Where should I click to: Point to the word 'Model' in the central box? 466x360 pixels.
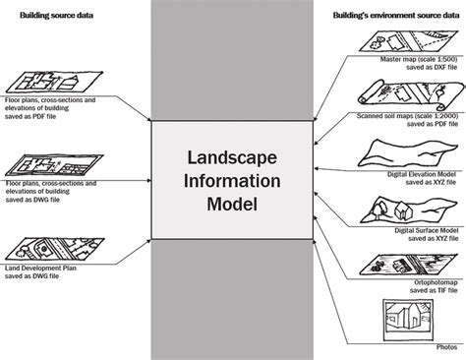point(232,208)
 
